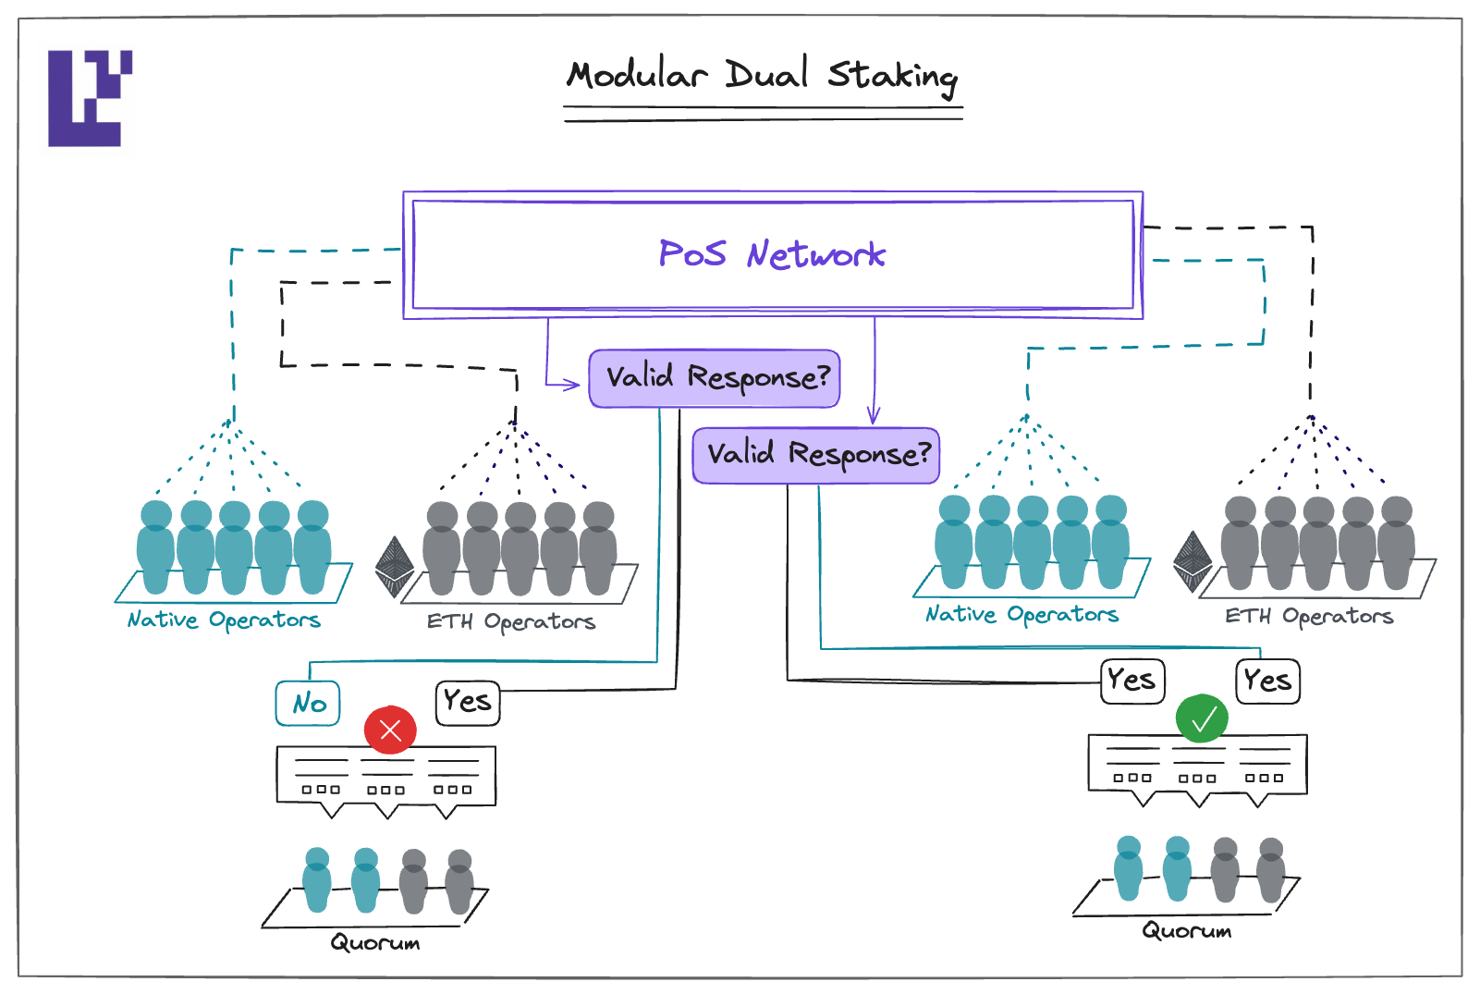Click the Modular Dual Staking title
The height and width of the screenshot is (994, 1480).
763,75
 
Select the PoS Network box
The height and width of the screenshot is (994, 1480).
773,255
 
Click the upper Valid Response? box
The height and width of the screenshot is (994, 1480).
715,378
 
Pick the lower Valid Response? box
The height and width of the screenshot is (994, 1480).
816,455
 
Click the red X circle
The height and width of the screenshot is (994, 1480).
390,730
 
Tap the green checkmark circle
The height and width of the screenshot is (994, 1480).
1202,718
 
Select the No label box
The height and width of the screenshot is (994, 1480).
308,704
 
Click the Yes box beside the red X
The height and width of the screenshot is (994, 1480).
468,702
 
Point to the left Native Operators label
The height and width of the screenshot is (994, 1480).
224,620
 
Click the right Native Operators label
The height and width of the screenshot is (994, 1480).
1021,614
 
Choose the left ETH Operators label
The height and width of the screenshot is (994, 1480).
511,621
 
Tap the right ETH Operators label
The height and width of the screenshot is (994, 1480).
1309,616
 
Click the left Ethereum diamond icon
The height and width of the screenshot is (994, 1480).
395,566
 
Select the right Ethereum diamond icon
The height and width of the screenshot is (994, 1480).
1193,561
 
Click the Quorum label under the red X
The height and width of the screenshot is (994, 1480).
375,943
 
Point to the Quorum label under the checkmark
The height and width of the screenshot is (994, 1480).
1187,931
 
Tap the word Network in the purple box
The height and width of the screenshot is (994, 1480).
816,255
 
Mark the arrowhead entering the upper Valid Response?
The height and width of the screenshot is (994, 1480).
574,385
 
